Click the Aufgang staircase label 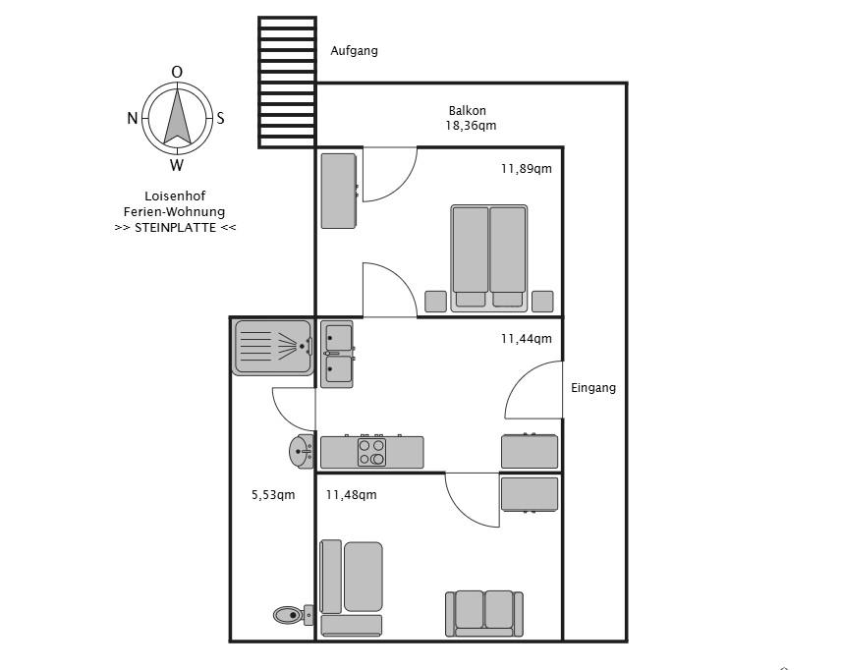point(354,51)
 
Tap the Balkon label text point(468,111)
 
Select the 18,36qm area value point(471,126)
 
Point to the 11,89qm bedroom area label point(526,169)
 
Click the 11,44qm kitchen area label point(526,339)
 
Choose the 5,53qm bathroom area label point(273,495)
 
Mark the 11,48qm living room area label point(351,495)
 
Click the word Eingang point(593,388)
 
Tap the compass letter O point(177,72)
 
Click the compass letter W point(177,165)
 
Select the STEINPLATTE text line point(175,227)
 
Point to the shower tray point(272,347)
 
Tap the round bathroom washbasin point(301,452)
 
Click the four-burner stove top point(371,452)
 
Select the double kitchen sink point(338,354)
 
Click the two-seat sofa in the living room point(483,613)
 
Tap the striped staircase point(287,82)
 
